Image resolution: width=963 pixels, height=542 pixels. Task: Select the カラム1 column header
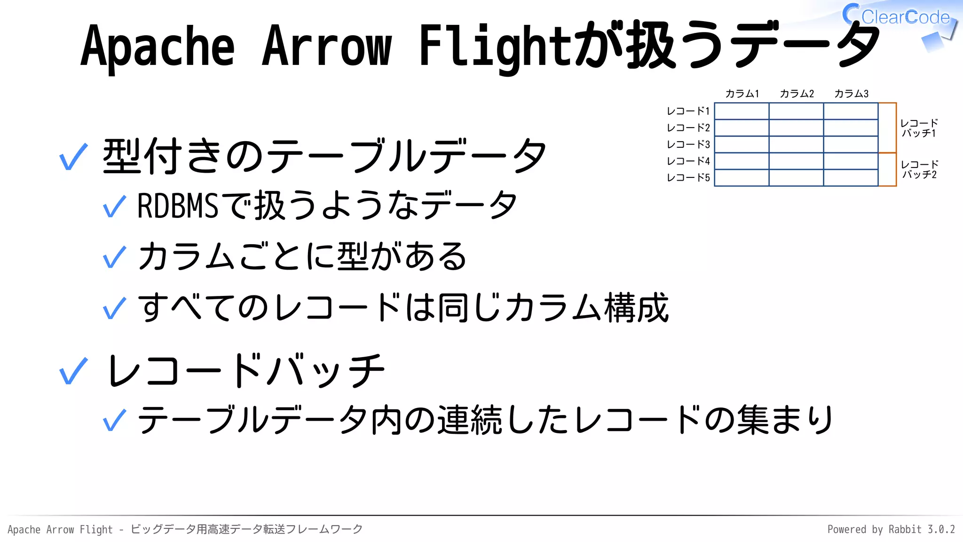[x=742, y=94]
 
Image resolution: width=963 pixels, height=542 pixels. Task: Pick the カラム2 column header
[x=797, y=94]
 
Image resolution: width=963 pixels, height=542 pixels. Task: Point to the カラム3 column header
[x=851, y=94]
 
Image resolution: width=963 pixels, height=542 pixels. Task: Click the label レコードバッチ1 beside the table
[x=919, y=128]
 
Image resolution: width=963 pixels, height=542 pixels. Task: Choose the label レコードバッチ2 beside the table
[x=919, y=169]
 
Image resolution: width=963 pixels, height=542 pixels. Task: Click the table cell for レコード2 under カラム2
[x=796, y=128]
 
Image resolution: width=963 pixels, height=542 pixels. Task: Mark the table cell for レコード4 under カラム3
[x=851, y=161]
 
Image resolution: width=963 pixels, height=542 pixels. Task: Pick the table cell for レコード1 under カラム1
[x=742, y=111]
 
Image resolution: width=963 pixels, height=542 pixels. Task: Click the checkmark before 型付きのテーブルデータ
[x=73, y=157]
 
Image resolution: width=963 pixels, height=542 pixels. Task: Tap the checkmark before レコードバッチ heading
[x=73, y=371]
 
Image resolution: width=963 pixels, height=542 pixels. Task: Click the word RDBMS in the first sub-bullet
[x=178, y=206]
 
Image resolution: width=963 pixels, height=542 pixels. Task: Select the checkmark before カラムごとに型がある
[x=114, y=257]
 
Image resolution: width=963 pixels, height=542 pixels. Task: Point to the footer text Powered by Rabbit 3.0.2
[x=891, y=529]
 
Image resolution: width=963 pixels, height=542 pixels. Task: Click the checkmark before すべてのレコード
[x=114, y=308]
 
